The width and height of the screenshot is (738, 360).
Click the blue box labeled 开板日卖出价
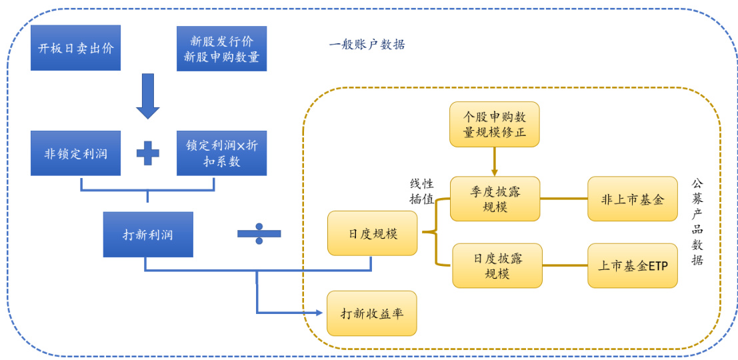pyautogui.click(x=75, y=48)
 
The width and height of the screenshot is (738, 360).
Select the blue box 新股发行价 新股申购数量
pyautogui.click(x=221, y=49)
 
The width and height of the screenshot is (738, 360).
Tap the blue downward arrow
pyautogui.click(x=147, y=96)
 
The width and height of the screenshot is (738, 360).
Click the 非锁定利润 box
pyautogui.click(x=75, y=153)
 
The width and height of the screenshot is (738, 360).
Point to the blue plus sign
pyautogui.click(x=147, y=153)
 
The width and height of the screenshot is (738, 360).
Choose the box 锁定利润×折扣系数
pyautogui.click(x=221, y=153)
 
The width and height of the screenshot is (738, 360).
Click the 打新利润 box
pyautogui.click(x=147, y=235)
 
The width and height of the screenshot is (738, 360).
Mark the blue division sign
pyautogui.click(x=259, y=234)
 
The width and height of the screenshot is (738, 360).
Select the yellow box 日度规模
pyautogui.click(x=372, y=233)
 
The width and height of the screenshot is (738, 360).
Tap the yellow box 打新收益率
pyautogui.click(x=371, y=313)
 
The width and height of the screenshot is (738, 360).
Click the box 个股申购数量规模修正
pyautogui.click(x=494, y=124)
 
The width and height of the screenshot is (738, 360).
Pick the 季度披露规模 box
pyautogui.click(x=495, y=199)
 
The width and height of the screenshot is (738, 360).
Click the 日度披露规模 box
pyautogui.click(x=497, y=265)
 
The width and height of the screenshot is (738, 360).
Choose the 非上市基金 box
pyautogui.click(x=632, y=199)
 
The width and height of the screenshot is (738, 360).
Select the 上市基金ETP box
pyautogui.click(x=632, y=265)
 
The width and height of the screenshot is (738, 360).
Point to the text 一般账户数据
pyautogui.click(x=367, y=45)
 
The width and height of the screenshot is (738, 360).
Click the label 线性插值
pyautogui.click(x=421, y=191)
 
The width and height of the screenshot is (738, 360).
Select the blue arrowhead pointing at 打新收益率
pyautogui.click(x=318, y=313)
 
